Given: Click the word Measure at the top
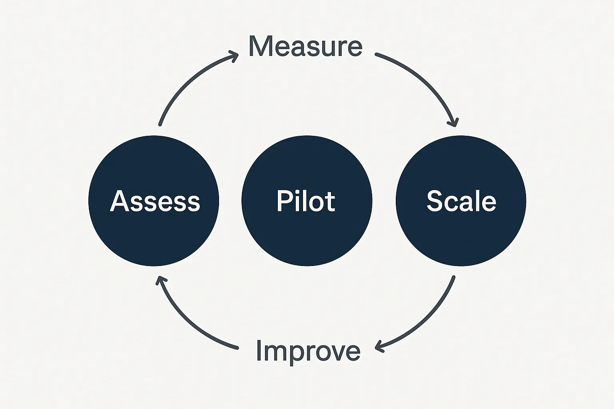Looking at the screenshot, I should click(x=305, y=46).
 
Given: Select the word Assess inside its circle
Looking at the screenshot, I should click(x=155, y=201).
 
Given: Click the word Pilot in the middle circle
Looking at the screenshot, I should click(x=306, y=201).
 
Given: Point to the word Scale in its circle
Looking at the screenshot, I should click(x=461, y=201).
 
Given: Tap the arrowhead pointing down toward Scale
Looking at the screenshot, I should click(x=454, y=122).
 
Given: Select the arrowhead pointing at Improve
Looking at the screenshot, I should click(x=379, y=346).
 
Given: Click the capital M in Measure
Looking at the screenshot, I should click(x=259, y=46).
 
